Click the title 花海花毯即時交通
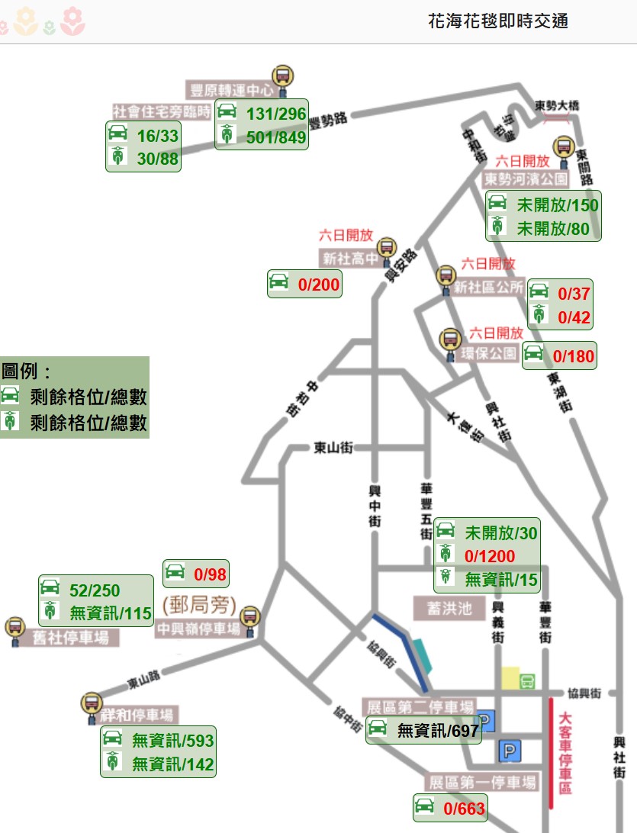(x=498, y=21)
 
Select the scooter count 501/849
(x=276, y=137)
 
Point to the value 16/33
(x=157, y=137)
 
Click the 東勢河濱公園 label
(x=526, y=179)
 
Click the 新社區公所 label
(x=489, y=288)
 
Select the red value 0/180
(x=573, y=355)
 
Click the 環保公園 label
(x=489, y=354)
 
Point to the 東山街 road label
(x=333, y=449)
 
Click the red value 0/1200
(x=490, y=556)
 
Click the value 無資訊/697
(x=437, y=731)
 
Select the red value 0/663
(x=464, y=809)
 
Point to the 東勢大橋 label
(x=556, y=106)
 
